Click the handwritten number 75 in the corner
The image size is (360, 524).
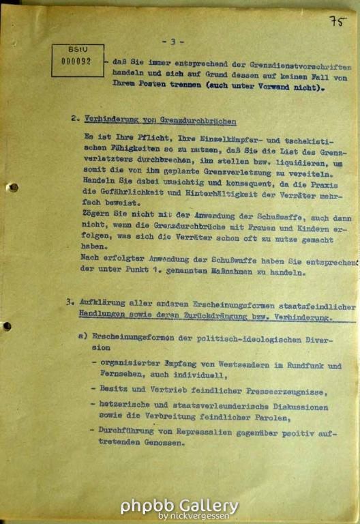(x=337, y=21)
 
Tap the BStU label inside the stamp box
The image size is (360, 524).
(x=77, y=50)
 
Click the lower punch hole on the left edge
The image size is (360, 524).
(x=7, y=326)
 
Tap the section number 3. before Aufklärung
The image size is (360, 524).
(x=71, y=301)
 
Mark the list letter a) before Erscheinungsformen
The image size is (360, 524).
(x=83, y=337)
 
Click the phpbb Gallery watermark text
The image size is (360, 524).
(x=179, y=506)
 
